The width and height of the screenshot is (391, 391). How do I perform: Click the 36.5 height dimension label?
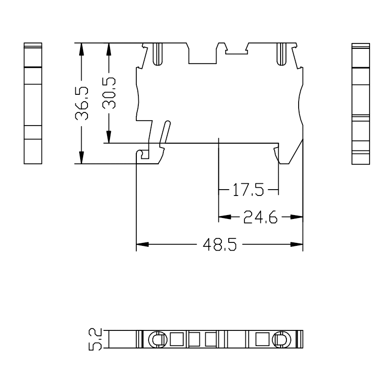point(82,104)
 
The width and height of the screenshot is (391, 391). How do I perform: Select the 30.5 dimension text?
point(109,93)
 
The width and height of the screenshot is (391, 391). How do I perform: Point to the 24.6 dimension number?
point(260,217)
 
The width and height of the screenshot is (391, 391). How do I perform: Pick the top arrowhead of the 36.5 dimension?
point(82,47)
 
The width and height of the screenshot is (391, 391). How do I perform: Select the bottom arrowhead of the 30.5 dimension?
point(109,139)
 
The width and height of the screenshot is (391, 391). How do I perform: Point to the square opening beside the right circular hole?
point(262,339)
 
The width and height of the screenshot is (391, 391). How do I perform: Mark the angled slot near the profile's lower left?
point(165,133)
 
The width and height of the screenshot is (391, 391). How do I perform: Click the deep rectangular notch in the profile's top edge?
point(202,54)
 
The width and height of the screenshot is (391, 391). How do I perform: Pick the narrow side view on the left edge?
point(33,103)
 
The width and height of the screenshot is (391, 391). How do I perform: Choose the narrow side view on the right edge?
point(361,103)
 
